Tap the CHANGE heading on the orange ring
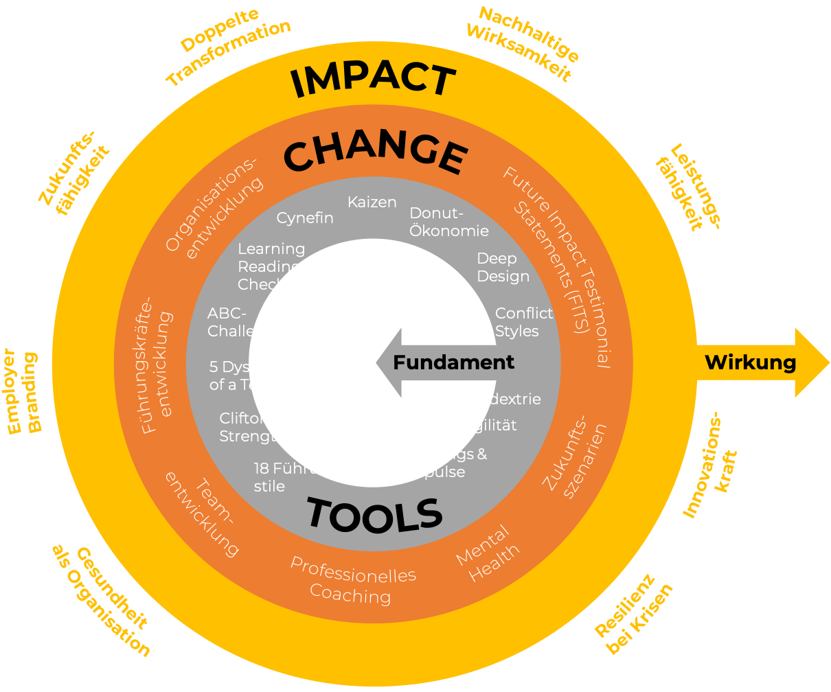(375, 154)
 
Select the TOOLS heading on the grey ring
(374, 515)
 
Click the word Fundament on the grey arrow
(453, 362)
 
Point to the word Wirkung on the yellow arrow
(751, 362)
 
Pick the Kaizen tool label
(372, 202)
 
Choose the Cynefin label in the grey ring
(305, 218)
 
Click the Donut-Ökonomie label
(448, 222)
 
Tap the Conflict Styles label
(523, 322)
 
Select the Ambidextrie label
(494, 399)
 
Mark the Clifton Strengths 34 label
(266, 427)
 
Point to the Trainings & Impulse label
(444, 463)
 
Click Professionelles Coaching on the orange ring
(352, 581)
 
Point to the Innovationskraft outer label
(711, 474)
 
